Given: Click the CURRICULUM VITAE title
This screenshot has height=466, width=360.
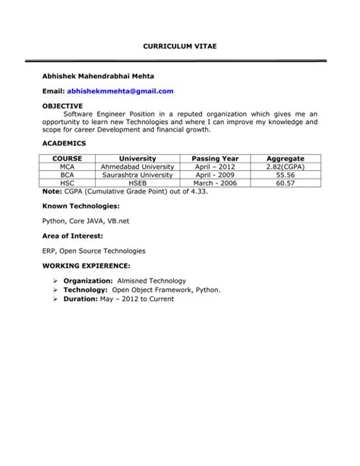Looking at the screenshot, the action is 180,47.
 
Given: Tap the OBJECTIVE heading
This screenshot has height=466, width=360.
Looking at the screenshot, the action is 63,106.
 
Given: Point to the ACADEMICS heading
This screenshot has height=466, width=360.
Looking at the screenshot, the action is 65,143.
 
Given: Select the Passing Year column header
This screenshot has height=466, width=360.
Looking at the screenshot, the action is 216,158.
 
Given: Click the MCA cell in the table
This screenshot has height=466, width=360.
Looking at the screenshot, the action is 68,166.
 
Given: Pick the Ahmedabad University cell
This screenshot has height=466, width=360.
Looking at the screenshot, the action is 137,166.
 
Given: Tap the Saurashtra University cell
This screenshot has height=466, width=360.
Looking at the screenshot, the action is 137,175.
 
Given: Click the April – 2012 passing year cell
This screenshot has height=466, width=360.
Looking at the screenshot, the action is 216,166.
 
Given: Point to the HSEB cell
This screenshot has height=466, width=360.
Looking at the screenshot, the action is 137,183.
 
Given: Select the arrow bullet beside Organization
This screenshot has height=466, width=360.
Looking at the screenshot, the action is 56,281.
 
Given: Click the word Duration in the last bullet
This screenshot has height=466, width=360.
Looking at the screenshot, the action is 81,299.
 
